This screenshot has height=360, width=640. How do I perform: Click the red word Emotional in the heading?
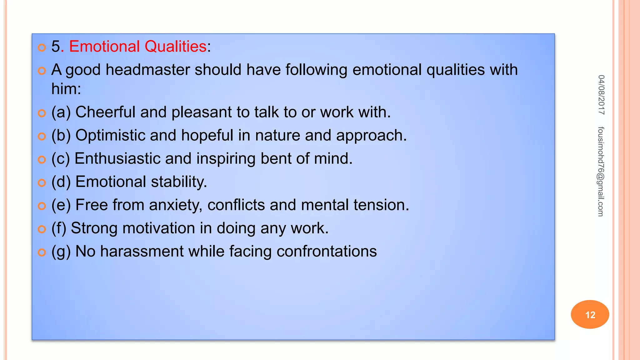(104, 47)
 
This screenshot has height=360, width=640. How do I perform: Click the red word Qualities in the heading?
(175, 47)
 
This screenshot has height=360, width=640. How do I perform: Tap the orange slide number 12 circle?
(590, 314)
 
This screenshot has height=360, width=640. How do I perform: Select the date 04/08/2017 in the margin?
(601, 95)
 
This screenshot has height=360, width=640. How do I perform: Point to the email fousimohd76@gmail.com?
(601, 172)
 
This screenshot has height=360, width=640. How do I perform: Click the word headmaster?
(147, 70)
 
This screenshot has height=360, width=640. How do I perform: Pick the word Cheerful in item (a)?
(105, 112)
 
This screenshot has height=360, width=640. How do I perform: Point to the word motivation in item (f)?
(159, 228)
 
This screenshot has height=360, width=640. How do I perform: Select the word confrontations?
(327, 252)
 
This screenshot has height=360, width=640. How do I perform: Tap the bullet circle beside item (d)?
(42, 182)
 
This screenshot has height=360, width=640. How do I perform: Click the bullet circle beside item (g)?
(42, 252)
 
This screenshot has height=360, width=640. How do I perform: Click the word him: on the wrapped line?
(66, 89)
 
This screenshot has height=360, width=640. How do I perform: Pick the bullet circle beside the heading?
(42, 47)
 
